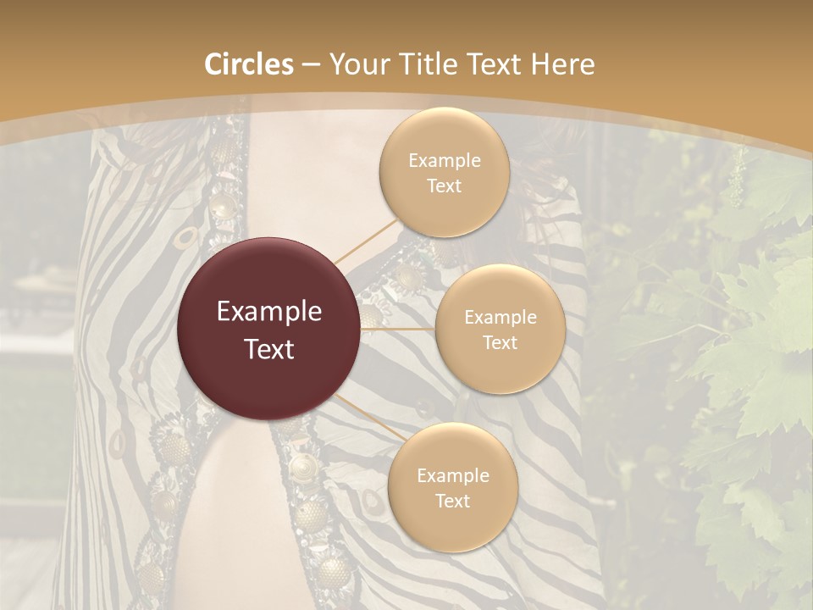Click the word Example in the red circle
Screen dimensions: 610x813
tap(269, 312)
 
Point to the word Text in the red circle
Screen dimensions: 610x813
tap(269, 348)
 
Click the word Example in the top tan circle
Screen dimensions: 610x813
tap(444, 161)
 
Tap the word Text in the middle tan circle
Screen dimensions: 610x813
tap(500, 342)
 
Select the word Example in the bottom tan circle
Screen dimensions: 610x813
tap(452, 475)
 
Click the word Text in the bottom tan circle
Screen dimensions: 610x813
tap(452, 501)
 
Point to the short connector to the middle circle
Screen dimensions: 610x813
tap(398, 329)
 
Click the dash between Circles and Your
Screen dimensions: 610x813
tap(311, 65)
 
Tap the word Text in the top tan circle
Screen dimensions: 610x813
tap(444, 186)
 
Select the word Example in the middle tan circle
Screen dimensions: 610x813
tap(500, 317)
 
